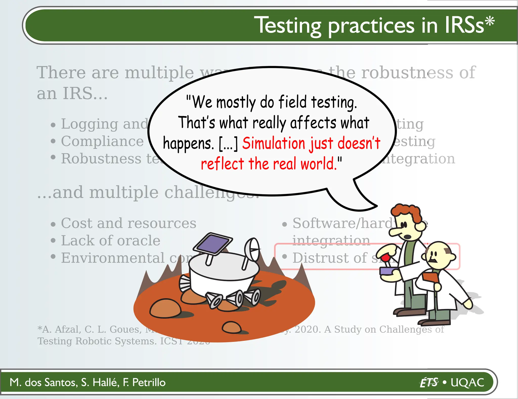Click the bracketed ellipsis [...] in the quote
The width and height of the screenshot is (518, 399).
tap(228, 144)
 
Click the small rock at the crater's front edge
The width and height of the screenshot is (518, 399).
tap(231, 327)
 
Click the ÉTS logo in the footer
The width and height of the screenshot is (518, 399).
tap(429, 382)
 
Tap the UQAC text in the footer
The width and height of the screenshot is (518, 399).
tap(467, 382)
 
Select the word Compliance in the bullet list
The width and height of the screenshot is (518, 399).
tap(102, 141)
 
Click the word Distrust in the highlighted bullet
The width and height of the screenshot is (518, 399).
tap(330, 258)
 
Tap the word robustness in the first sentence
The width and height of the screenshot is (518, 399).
tap(407, 73)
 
